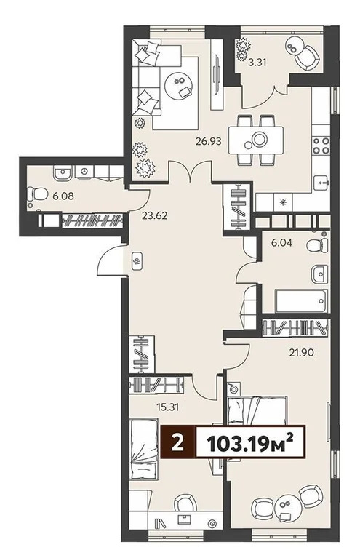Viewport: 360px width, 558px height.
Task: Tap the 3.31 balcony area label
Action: [x=257, y=63]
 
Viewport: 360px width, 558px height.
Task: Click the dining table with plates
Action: [x=257, y=139]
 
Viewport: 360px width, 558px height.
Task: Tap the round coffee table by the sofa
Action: [x=178, y=85]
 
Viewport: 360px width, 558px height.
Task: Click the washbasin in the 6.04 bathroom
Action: [x=319, y=273]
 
